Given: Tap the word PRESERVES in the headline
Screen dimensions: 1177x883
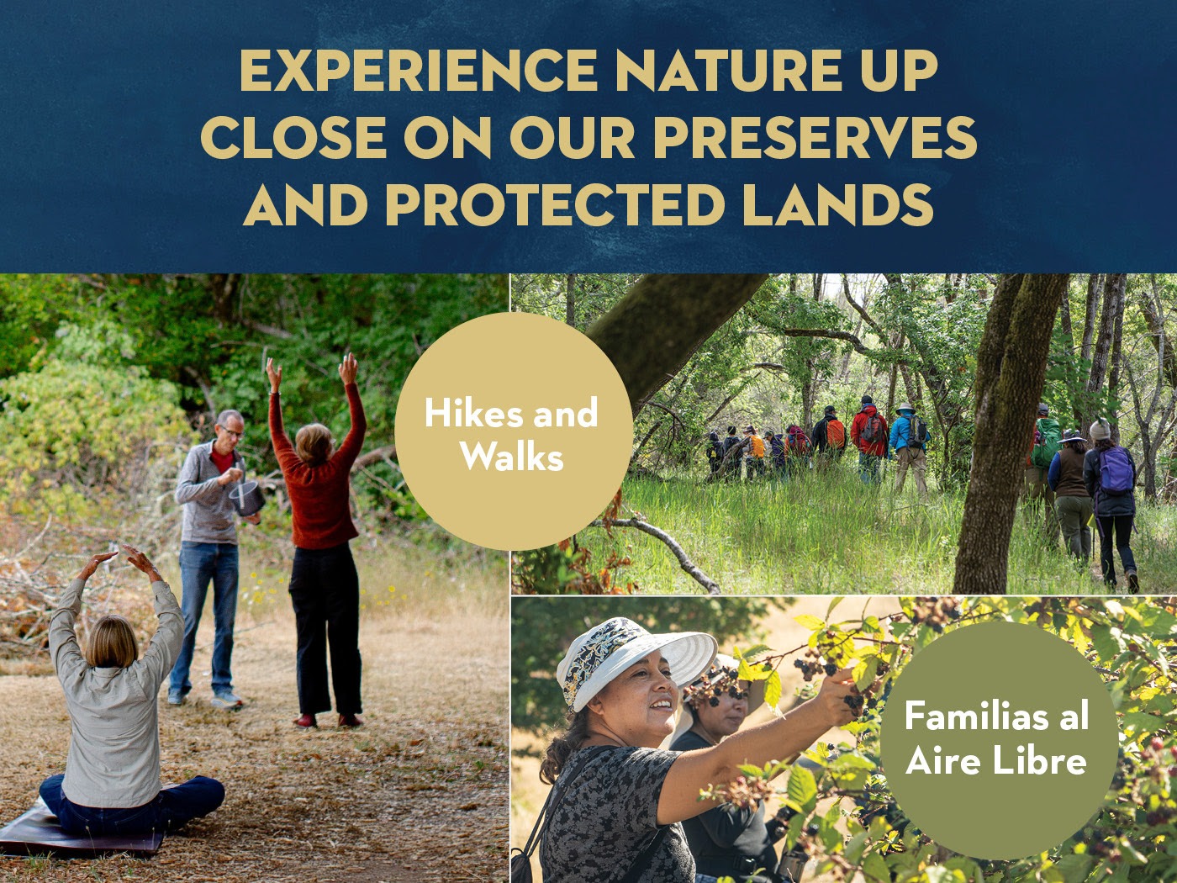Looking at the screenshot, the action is [815, 137].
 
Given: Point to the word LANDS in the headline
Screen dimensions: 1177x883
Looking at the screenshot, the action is [837, 205].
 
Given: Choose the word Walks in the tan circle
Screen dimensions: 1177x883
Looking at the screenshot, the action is [511, 457].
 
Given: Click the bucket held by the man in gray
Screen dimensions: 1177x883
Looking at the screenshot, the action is [247, 499].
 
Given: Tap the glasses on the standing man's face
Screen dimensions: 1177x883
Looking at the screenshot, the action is [232, 431].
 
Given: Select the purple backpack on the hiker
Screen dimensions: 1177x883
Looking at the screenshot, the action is [1116, 470].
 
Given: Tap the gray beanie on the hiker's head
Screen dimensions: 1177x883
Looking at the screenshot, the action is [1100, 430].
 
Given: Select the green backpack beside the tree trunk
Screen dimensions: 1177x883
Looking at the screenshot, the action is [1046, 442].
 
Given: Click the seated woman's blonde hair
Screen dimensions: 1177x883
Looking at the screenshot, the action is [112, 640].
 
